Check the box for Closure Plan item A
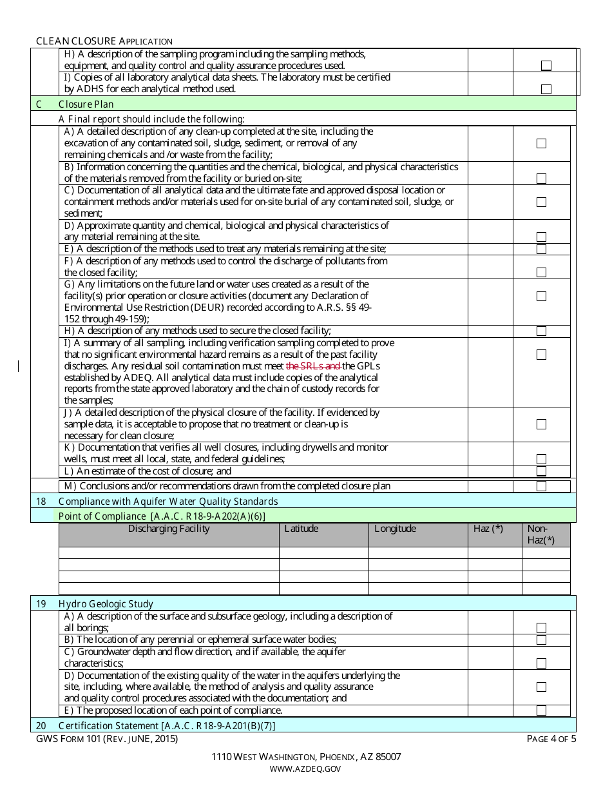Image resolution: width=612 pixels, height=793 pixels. click(x=541, y=143)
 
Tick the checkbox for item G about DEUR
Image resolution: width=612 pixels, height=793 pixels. click(x=541, y=296)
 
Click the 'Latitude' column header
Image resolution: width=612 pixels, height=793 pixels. click(x=301, y=529)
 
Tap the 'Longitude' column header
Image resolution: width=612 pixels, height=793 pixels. click(x=395, y=529)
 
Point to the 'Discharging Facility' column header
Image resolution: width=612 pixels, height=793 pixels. click(x=169, y=529)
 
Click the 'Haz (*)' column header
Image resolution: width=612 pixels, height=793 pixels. click(x=488, y=529)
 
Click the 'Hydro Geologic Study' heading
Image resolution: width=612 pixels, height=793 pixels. click(x=106, y=604)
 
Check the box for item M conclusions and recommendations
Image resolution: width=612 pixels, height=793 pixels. click(x=541, y=486)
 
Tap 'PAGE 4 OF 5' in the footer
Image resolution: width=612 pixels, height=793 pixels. click(x=551, y=739)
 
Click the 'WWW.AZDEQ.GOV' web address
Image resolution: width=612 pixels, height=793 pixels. click(x=305, y=769)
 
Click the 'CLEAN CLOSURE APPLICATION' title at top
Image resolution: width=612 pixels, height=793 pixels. click(x=104, y=41)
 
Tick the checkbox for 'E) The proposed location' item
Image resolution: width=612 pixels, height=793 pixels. click(x=541, y=710)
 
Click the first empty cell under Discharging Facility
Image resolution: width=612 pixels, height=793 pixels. click(x=169, y=553)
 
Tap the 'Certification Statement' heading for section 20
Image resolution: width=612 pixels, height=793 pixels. click(x=166, y=725)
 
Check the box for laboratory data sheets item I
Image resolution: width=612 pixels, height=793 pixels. click(x=546, y=89)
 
